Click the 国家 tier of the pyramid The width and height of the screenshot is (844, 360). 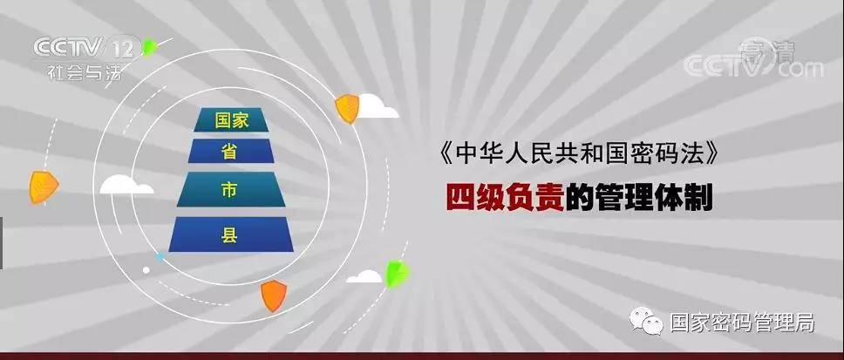click(230, 119)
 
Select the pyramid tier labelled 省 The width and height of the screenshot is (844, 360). click(230, 151)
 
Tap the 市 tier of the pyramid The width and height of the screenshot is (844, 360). click(230, 189)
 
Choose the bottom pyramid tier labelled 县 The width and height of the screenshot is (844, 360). click(230, 234)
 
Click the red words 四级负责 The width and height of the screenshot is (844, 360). click(505, 198)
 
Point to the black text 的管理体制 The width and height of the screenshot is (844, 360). click(639, 198)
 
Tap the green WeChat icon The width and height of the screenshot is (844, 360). click(647, 321)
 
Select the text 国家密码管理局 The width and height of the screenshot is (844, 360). click(742, 323)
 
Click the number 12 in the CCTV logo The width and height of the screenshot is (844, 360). click(123, 49)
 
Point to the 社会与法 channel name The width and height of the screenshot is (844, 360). click(85, 71)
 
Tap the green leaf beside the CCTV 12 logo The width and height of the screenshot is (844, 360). click(150, 47)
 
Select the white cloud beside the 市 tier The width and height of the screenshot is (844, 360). click(126, 185)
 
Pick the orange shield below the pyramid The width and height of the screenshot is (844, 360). click(274, 295)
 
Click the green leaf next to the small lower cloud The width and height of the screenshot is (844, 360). click(398, 274)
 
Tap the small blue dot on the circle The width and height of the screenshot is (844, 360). click(160, 257)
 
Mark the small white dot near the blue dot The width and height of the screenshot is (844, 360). click(146, 270)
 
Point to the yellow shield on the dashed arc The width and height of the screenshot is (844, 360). click(44, 187)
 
